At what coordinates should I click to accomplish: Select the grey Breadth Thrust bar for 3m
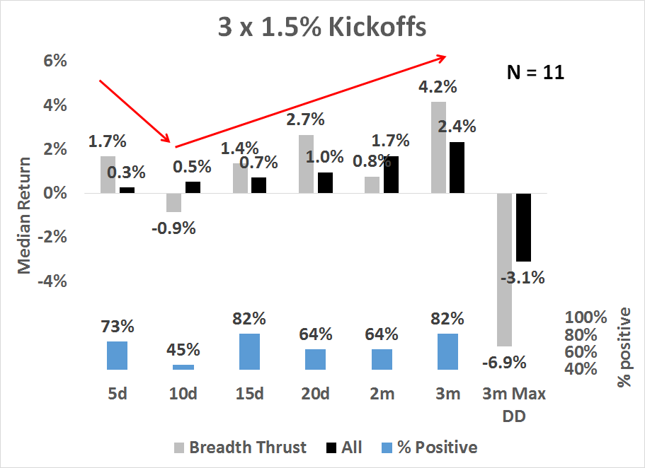pos(438,147)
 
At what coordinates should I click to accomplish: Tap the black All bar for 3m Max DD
pos(523,227)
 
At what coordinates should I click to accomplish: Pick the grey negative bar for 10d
pos(173,202)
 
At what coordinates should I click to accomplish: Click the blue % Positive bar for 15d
pos(249,351)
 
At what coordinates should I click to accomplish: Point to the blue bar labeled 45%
pos(183,367)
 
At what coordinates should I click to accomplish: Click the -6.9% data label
pos(504,363)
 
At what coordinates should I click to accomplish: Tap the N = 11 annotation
pos(535,72)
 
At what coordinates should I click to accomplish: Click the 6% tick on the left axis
pos(35,62)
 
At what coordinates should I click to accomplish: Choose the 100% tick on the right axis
pos(586,317)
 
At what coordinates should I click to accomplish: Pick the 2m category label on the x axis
pos(382,394)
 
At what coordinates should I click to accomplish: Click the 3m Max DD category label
pos(513,403)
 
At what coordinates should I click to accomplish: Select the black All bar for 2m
pos(390,175)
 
